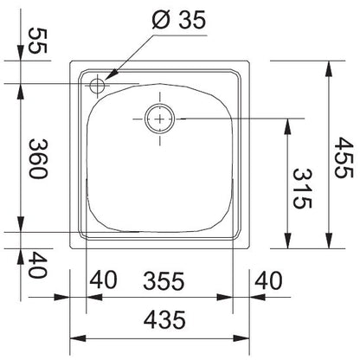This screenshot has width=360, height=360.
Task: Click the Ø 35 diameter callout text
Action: click(179, 20)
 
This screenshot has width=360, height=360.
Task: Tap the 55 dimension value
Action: click(37, 41)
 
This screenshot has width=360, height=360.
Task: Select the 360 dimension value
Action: click(38, 159)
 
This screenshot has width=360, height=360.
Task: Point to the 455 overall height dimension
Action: click(343, 157)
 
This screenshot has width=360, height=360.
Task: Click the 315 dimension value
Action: click(302, 189)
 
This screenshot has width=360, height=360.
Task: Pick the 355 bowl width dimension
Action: click(164, 281)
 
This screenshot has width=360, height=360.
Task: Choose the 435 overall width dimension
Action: click(164, 319)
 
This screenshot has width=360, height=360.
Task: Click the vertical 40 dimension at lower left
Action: click(37, 265)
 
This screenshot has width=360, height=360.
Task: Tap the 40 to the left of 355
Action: click(103, 280)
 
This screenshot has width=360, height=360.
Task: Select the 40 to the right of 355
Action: click(268, 280)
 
